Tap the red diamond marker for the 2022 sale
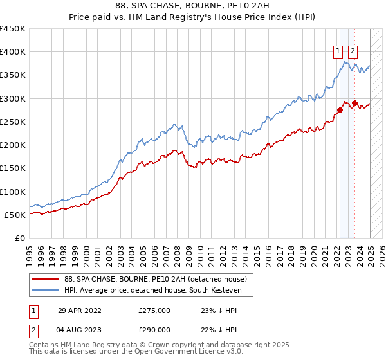coord(340,110)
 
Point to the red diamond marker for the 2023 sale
coord(354,103)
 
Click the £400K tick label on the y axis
coord(13,52)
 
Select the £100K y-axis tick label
coord(13,192)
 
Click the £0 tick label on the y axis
coord(19,239)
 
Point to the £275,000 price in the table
coord(154,310)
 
